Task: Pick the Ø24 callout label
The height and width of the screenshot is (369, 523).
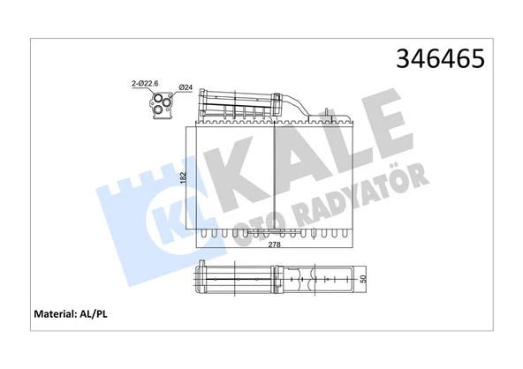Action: (186, 87)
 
